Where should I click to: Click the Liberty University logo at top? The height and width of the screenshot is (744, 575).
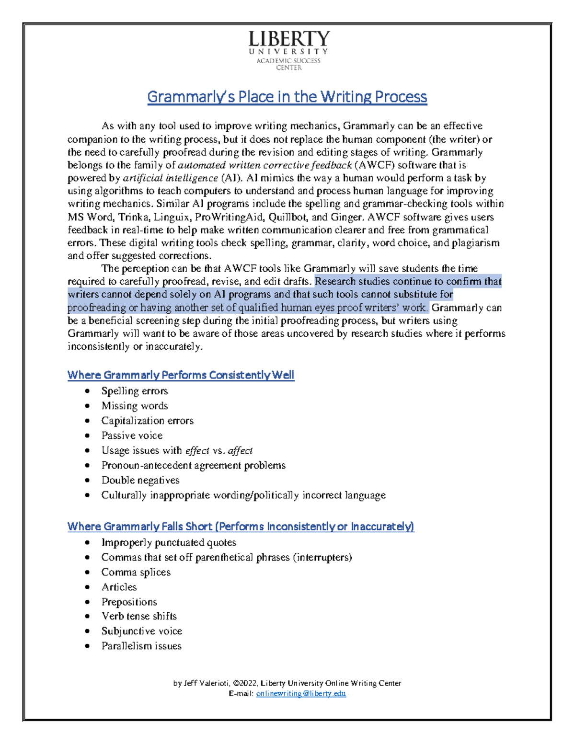tap(288, 50)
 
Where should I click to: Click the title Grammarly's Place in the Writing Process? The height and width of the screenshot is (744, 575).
tap(287, 97)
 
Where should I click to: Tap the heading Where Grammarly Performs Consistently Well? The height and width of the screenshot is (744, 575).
tap(181, 375)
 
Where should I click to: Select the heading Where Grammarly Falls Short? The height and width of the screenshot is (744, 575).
tap(241, 527)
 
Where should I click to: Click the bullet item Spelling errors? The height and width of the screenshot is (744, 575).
tap(134, 391)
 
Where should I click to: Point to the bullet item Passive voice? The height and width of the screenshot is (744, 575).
tap(132, 435)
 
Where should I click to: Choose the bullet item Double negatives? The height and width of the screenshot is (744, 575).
tap(140, 480)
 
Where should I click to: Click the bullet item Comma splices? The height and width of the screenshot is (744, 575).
tap(136, 572)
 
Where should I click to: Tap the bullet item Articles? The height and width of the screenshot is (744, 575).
tap(119, 587)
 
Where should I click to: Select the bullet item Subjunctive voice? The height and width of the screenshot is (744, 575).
tap(141, 631)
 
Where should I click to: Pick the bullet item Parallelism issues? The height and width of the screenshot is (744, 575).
tap(141, 646)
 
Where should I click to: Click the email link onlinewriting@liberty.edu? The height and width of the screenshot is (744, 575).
tap(301, 693)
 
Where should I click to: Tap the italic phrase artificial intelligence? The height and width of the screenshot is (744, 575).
tap(170, 178)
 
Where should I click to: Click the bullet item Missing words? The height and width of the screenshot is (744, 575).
tap(134, 406)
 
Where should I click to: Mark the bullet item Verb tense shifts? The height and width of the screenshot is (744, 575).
tap(139, 616)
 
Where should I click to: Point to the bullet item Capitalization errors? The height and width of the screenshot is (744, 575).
tap(147, 421)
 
